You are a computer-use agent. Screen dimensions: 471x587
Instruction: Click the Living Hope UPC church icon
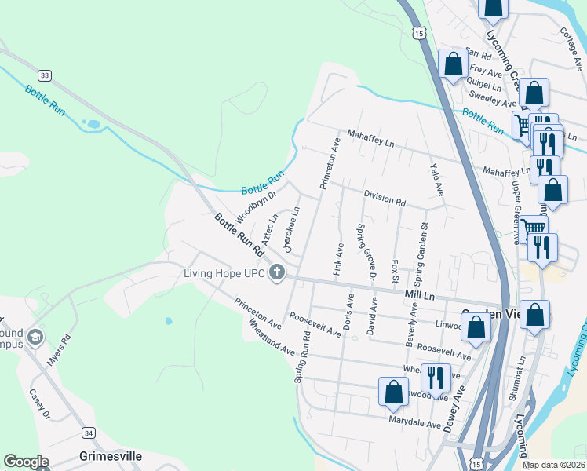pyautogui.click(x=276, y=273)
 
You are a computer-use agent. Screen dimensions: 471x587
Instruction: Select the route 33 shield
pyautogui.click(x=45, y=75)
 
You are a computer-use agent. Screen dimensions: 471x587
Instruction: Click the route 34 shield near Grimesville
pyautogui.click(x=89, y=433)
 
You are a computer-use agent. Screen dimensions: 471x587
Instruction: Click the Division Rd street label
pyautogui.click(x=384, y=197)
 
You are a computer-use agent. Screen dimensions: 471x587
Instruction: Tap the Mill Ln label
pyautogui.click(x=419, y=293)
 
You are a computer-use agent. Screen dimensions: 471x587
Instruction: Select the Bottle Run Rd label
pyautogui.click(x=237, y=234)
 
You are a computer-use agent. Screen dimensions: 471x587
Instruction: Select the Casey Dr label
pyautogui.click(x=38, y=403)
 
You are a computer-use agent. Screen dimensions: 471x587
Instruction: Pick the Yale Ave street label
pyautogui.click(x=436, y=180)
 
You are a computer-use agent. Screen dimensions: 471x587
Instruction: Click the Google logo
pyautogui.click(x=26, y=462)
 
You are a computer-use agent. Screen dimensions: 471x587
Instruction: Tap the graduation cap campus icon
pyautogui.click(x=35, y=338)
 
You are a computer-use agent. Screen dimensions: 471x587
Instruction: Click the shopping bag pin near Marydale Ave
pyautogui.click(x=393, y=392)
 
